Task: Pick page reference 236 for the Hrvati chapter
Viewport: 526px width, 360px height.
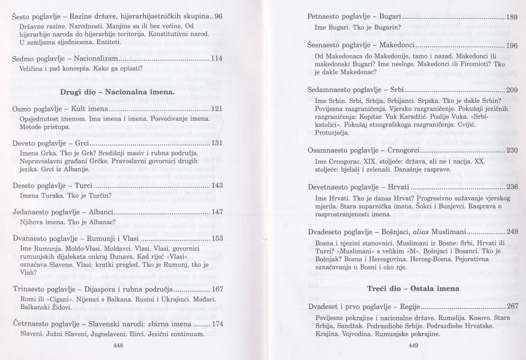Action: (x=512, y=188)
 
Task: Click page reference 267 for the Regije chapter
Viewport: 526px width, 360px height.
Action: (x=512, y=306)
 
